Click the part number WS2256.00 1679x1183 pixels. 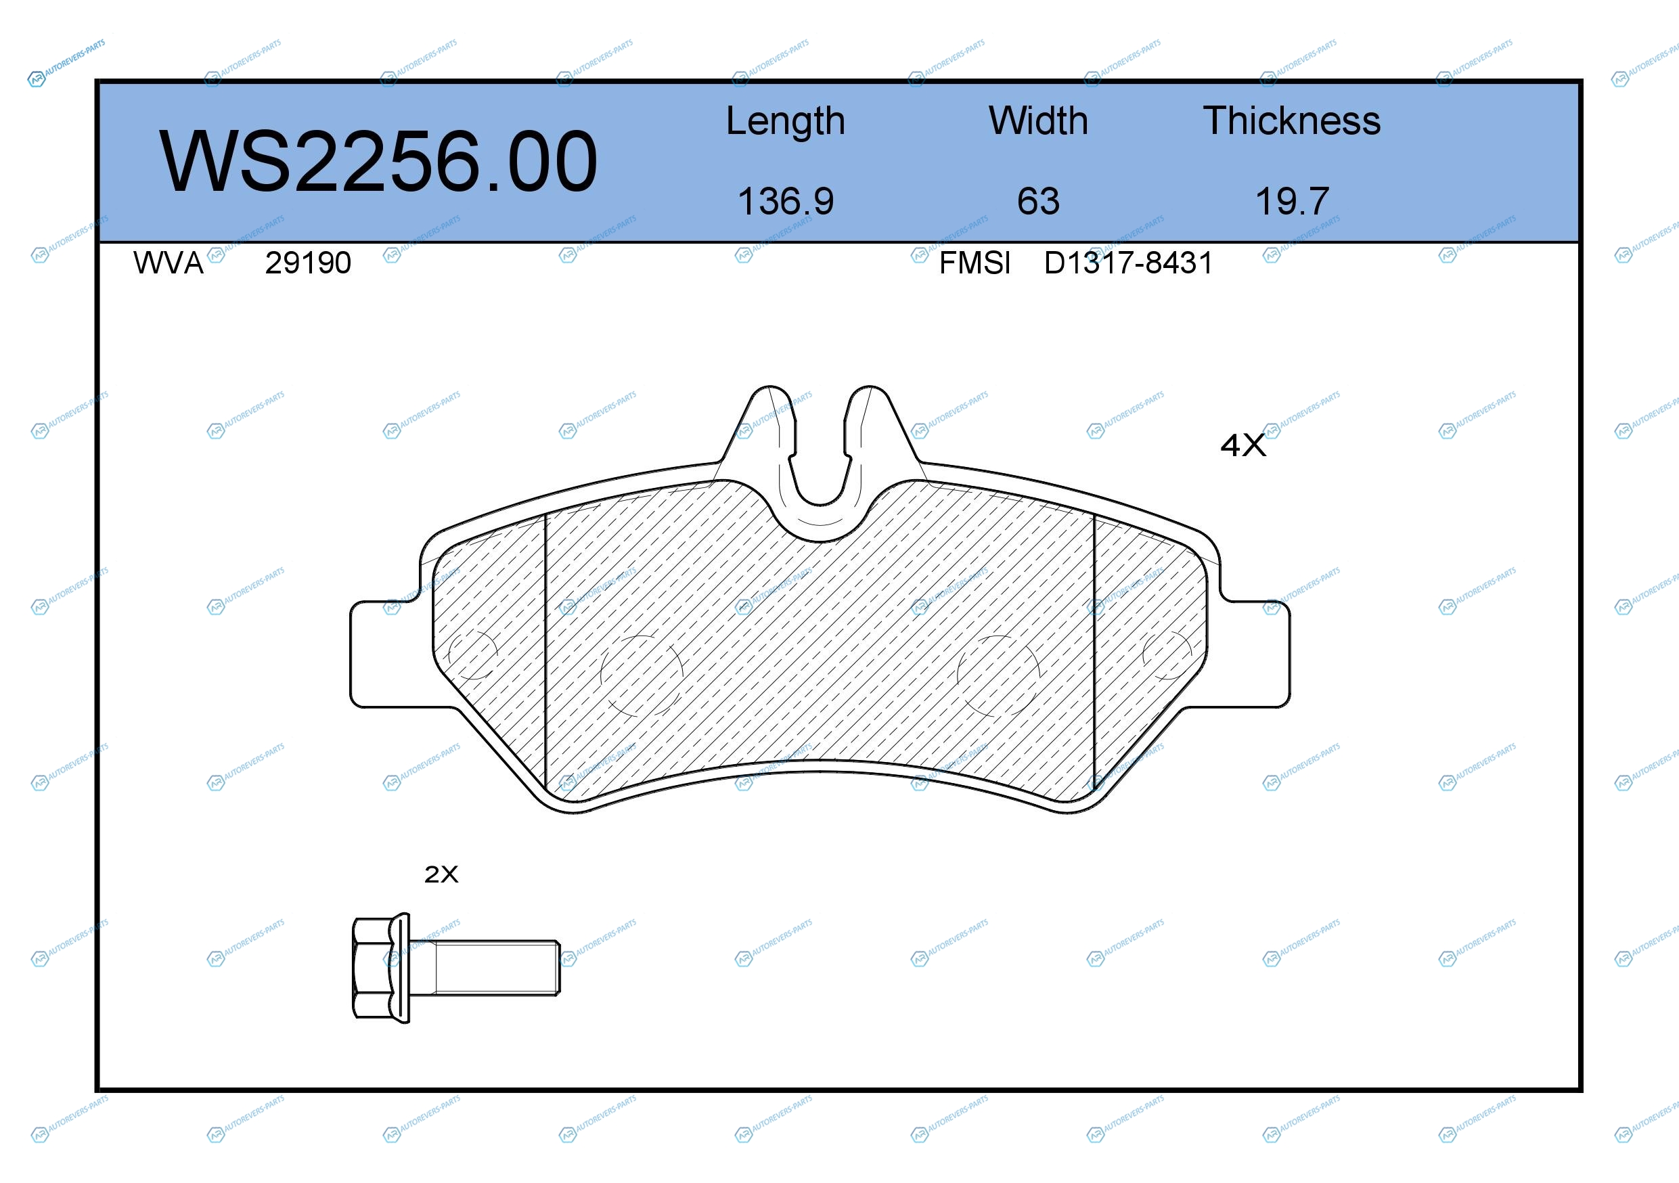point(378,161)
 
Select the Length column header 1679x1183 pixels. point(786,121)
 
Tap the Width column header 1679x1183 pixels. point(1038,120)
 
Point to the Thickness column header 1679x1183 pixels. point(1292,120)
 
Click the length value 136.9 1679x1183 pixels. point(786,201)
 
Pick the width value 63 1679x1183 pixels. point(1038,201)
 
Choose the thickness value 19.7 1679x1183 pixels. point(1292,201)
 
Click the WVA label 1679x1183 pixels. point(169,263)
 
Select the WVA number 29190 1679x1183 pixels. point(308,263)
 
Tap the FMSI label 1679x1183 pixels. point(975,263)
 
